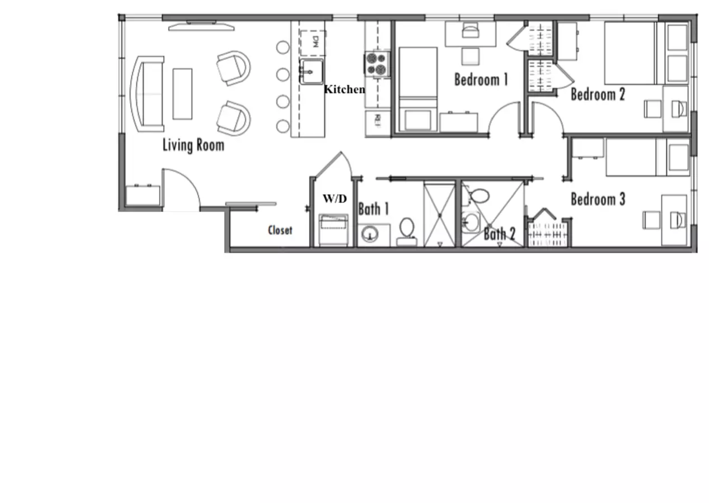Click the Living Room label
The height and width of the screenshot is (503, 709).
(194, 145)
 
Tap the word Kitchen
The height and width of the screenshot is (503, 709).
(344, 89)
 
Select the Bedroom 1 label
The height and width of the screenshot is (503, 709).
(481, 79)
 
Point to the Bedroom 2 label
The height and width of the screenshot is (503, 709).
(598, 94)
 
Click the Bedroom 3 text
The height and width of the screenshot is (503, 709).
(598, 200)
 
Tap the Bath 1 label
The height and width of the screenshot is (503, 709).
(373, 209)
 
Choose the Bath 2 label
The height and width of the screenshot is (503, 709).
(500, 234)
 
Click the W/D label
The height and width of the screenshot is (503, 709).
(335, 198)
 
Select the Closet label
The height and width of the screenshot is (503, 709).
(280, 230)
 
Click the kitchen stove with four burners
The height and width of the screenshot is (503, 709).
(377, 64)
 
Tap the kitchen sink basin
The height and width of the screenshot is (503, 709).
(311, 72)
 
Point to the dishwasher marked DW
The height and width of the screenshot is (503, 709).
(313, 43)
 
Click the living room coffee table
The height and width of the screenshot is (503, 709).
(182, 94)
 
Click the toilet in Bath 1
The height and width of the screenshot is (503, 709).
(407, 232)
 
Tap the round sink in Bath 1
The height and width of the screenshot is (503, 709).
(370, 235)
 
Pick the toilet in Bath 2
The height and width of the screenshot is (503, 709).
(479, 196)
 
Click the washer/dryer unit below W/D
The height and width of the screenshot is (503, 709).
(334, 230)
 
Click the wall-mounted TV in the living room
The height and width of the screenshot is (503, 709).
(201, 27)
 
